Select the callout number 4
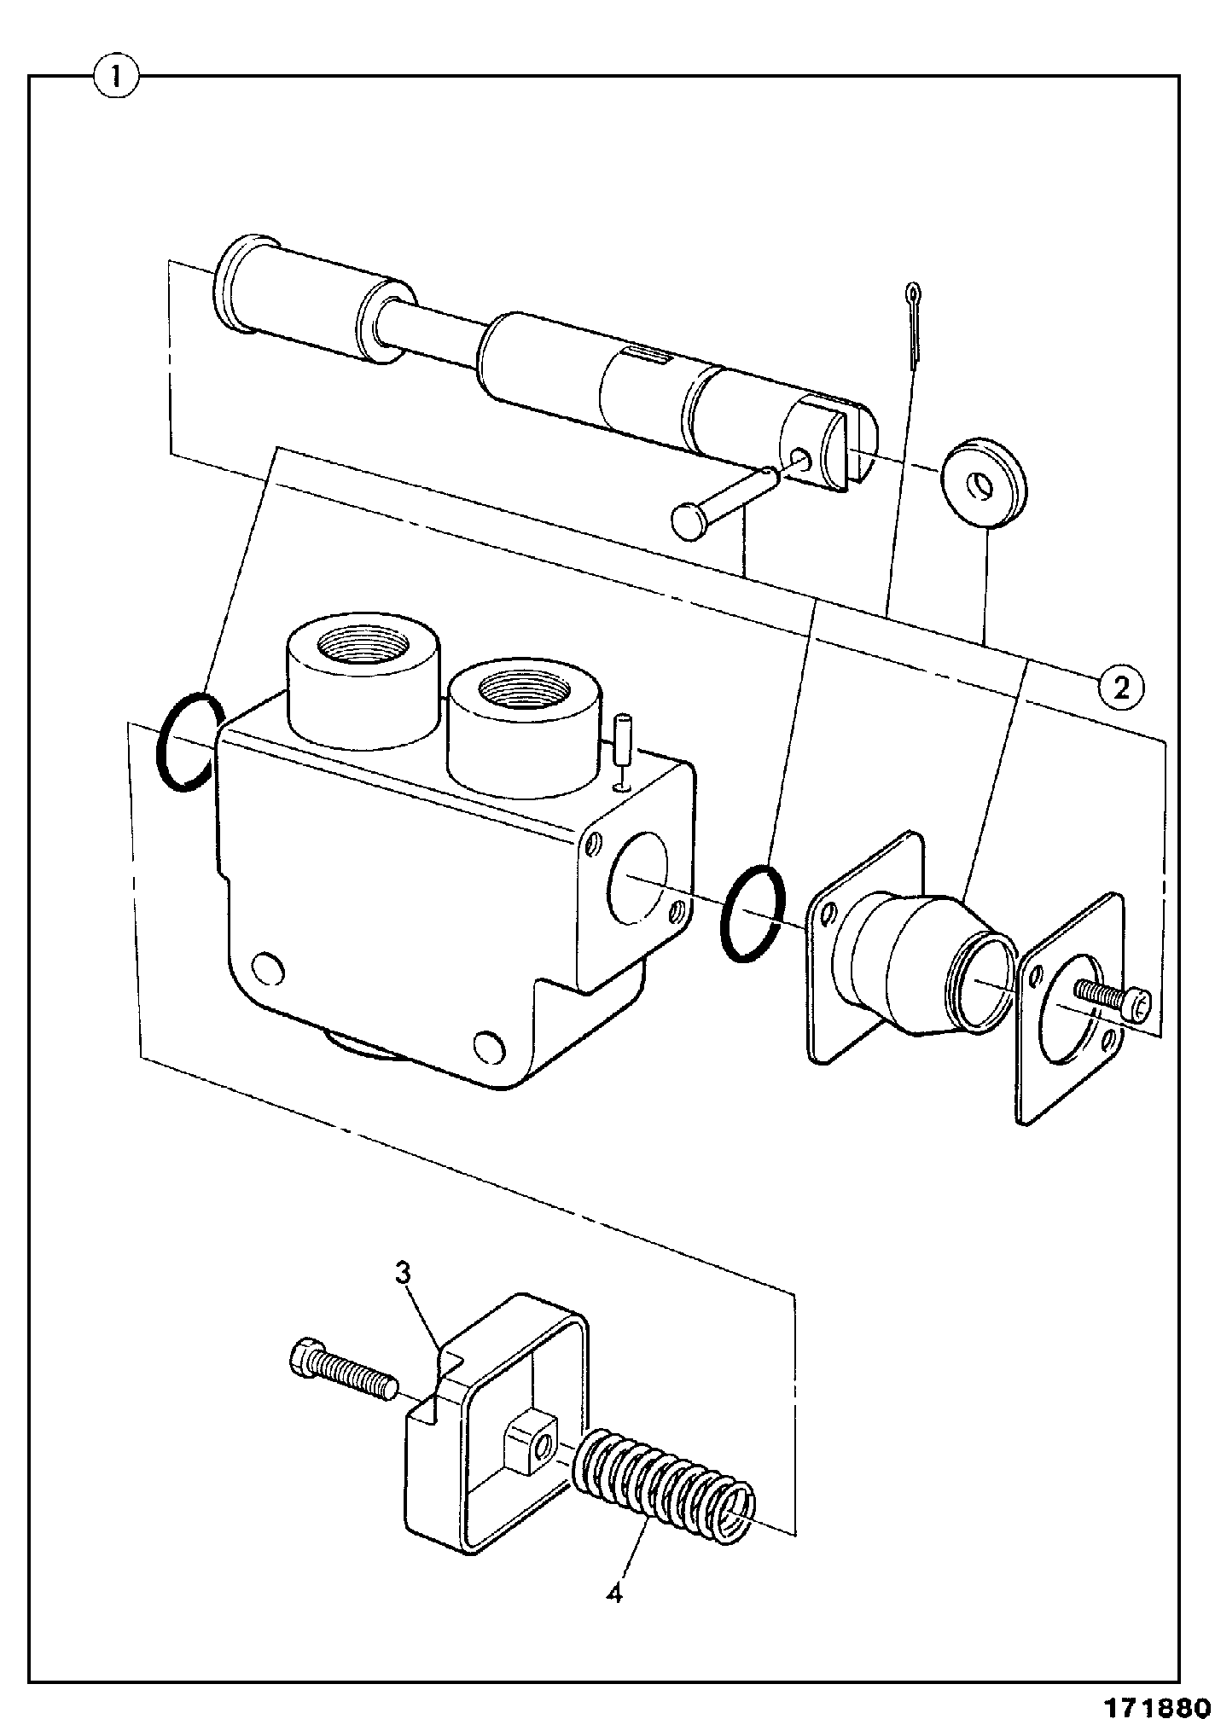[x=614, y=1592]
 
